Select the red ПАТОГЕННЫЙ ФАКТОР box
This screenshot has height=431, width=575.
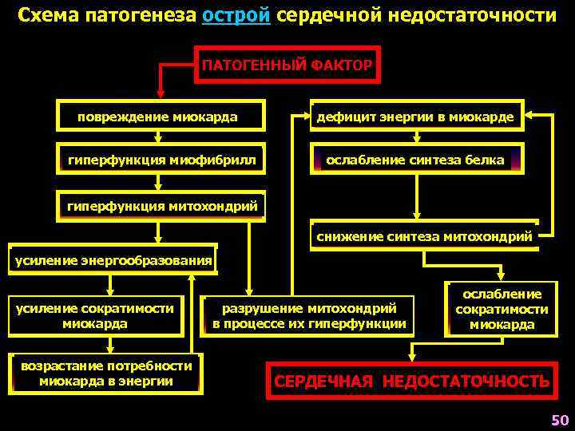287,65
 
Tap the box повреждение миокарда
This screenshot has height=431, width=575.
158,117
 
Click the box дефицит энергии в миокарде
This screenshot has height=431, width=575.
415,117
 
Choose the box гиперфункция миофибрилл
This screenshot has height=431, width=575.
162,160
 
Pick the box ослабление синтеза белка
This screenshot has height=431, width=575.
415,160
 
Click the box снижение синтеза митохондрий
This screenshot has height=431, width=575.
424,236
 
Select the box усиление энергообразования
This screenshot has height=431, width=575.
113,259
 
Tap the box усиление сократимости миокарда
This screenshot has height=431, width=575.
95,316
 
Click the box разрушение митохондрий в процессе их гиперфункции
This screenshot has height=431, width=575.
309,316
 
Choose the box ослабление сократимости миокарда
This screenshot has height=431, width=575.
502,309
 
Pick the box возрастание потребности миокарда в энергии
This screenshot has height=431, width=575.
106,373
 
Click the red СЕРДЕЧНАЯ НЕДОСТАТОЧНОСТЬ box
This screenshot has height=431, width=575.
411,381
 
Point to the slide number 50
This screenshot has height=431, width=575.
559,420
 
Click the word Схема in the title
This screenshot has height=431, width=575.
46,16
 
